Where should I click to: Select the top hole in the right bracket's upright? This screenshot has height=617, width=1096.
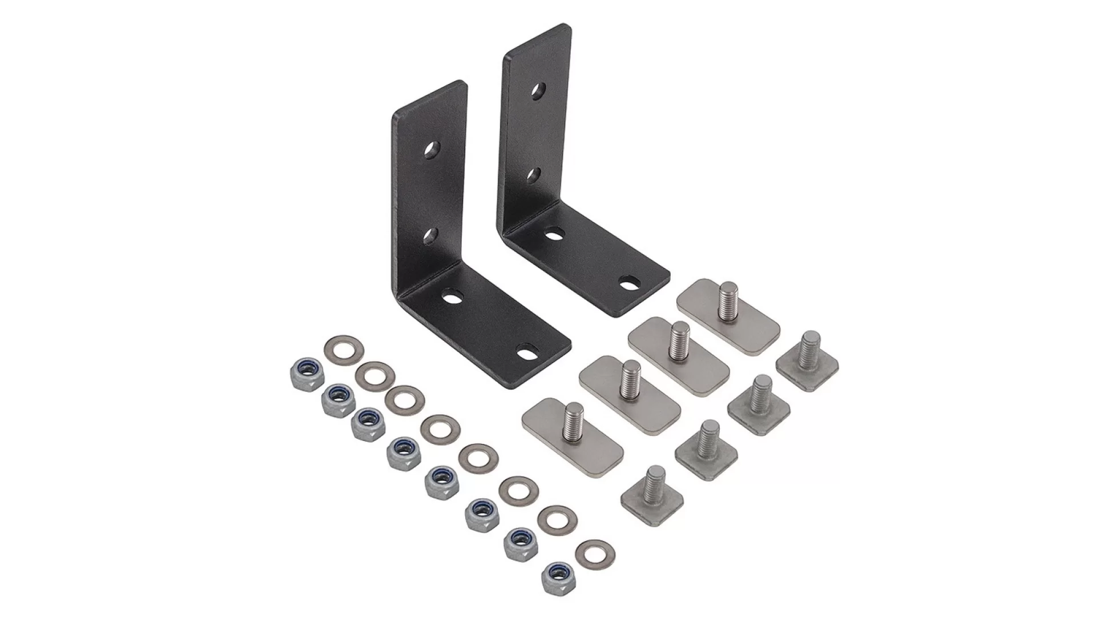538,89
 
